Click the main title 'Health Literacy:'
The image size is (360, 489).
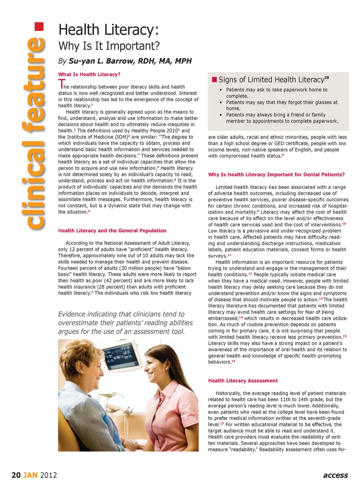[x=109, y=30]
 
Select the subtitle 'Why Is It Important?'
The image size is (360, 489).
[x=109, y=46]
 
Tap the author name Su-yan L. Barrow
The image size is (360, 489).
[x=130, y=61]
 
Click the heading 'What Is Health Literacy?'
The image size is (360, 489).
[x=89, y=75]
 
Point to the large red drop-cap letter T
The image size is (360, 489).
[x=61, y=84]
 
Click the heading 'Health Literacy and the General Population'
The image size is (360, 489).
[x=112, y=231]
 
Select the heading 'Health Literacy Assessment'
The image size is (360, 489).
[x=243, y=381]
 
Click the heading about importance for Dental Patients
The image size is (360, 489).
[x=276, y=175]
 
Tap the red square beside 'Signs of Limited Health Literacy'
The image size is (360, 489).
[x=214, y=79]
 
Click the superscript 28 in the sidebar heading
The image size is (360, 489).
[x=327, y=78]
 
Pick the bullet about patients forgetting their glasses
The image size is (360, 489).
[x=281, y=105]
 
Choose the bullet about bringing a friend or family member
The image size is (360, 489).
[x=282, y=118]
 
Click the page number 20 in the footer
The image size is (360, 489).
[x=16, y=475]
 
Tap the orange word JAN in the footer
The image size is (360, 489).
[x=30, y=475]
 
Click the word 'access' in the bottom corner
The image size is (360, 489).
[x=335, y=475]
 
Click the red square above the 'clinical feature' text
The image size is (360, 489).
[x=39, y=27]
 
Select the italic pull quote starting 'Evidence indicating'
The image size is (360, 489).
[x=125, y=323]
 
